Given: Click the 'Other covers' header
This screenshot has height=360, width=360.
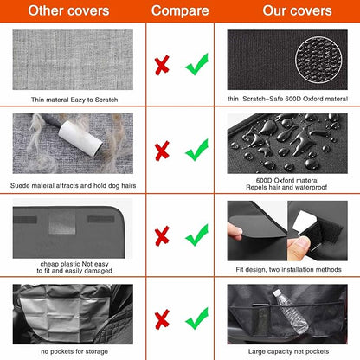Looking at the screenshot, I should click(x=72, y=11).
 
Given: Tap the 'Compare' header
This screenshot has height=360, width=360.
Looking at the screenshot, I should click(x=180, y=11).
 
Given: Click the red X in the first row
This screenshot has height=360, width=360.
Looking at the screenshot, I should click(x=161, y=64).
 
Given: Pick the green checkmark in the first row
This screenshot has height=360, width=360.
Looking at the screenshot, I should click(x=196, y=62).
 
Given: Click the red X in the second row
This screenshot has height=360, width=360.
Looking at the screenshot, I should click(x=161, y=151).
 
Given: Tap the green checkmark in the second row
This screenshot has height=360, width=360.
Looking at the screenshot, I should click(x=196, y=149).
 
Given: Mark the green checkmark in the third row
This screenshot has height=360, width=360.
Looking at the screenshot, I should click(x=196, y=234).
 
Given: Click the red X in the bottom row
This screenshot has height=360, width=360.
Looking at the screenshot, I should click(x=161, y=318).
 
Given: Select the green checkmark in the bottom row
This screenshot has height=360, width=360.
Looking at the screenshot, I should click(x=196, y=316).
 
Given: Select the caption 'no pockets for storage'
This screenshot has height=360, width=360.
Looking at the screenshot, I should click(x=73, y=350).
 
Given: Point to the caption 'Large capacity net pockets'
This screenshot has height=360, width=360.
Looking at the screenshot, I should click(x=288, y=350).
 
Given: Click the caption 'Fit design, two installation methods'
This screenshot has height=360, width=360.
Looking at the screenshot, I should click(x=288, y=269).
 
